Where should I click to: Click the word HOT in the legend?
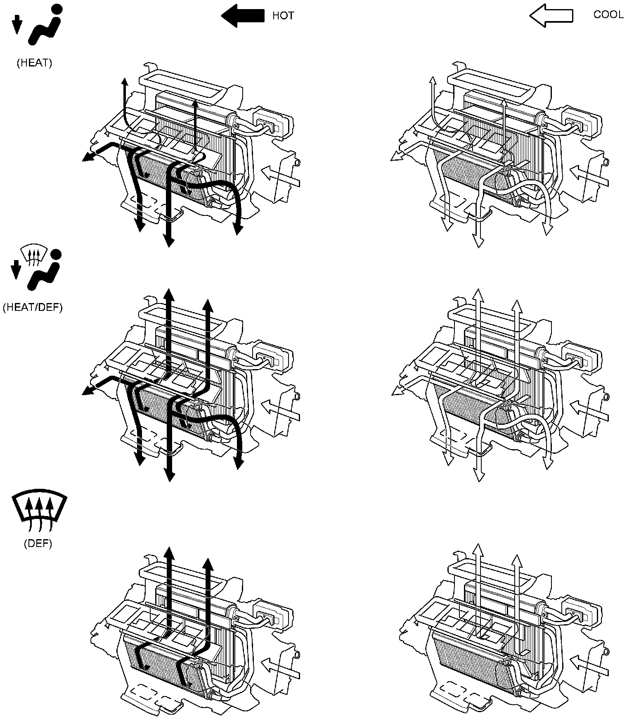click(x=283, y=16)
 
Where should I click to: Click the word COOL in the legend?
click(x=608, y=14)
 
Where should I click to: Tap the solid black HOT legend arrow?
click(x=243, y=16)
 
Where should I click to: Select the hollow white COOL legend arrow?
click(x=551, y=16)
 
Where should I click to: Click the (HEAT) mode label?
click(x=34, y=63)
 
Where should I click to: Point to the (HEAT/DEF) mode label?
click(x=33, y=308)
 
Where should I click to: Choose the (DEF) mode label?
click(x=38, y=543)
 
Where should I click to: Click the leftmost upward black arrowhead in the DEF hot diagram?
click(x=168, y=551)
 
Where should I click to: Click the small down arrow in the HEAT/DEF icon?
click(x=16, y=270)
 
